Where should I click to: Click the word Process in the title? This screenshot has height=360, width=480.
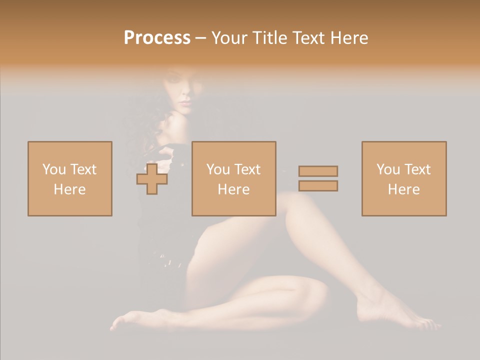click(157, 38)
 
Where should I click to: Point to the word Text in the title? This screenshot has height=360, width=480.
click(306, 38)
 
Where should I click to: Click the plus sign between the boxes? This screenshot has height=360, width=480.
click(152, 178)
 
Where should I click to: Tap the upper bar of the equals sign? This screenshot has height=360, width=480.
click(318, 171)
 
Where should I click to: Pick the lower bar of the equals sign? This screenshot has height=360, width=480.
click(318, 185)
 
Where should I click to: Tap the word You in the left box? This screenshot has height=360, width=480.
click(54, 169)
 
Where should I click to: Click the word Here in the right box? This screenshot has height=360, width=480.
click(403, 189)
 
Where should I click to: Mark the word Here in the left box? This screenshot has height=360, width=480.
click(69, 189)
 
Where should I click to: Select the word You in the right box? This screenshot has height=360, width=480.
click(388, 169)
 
